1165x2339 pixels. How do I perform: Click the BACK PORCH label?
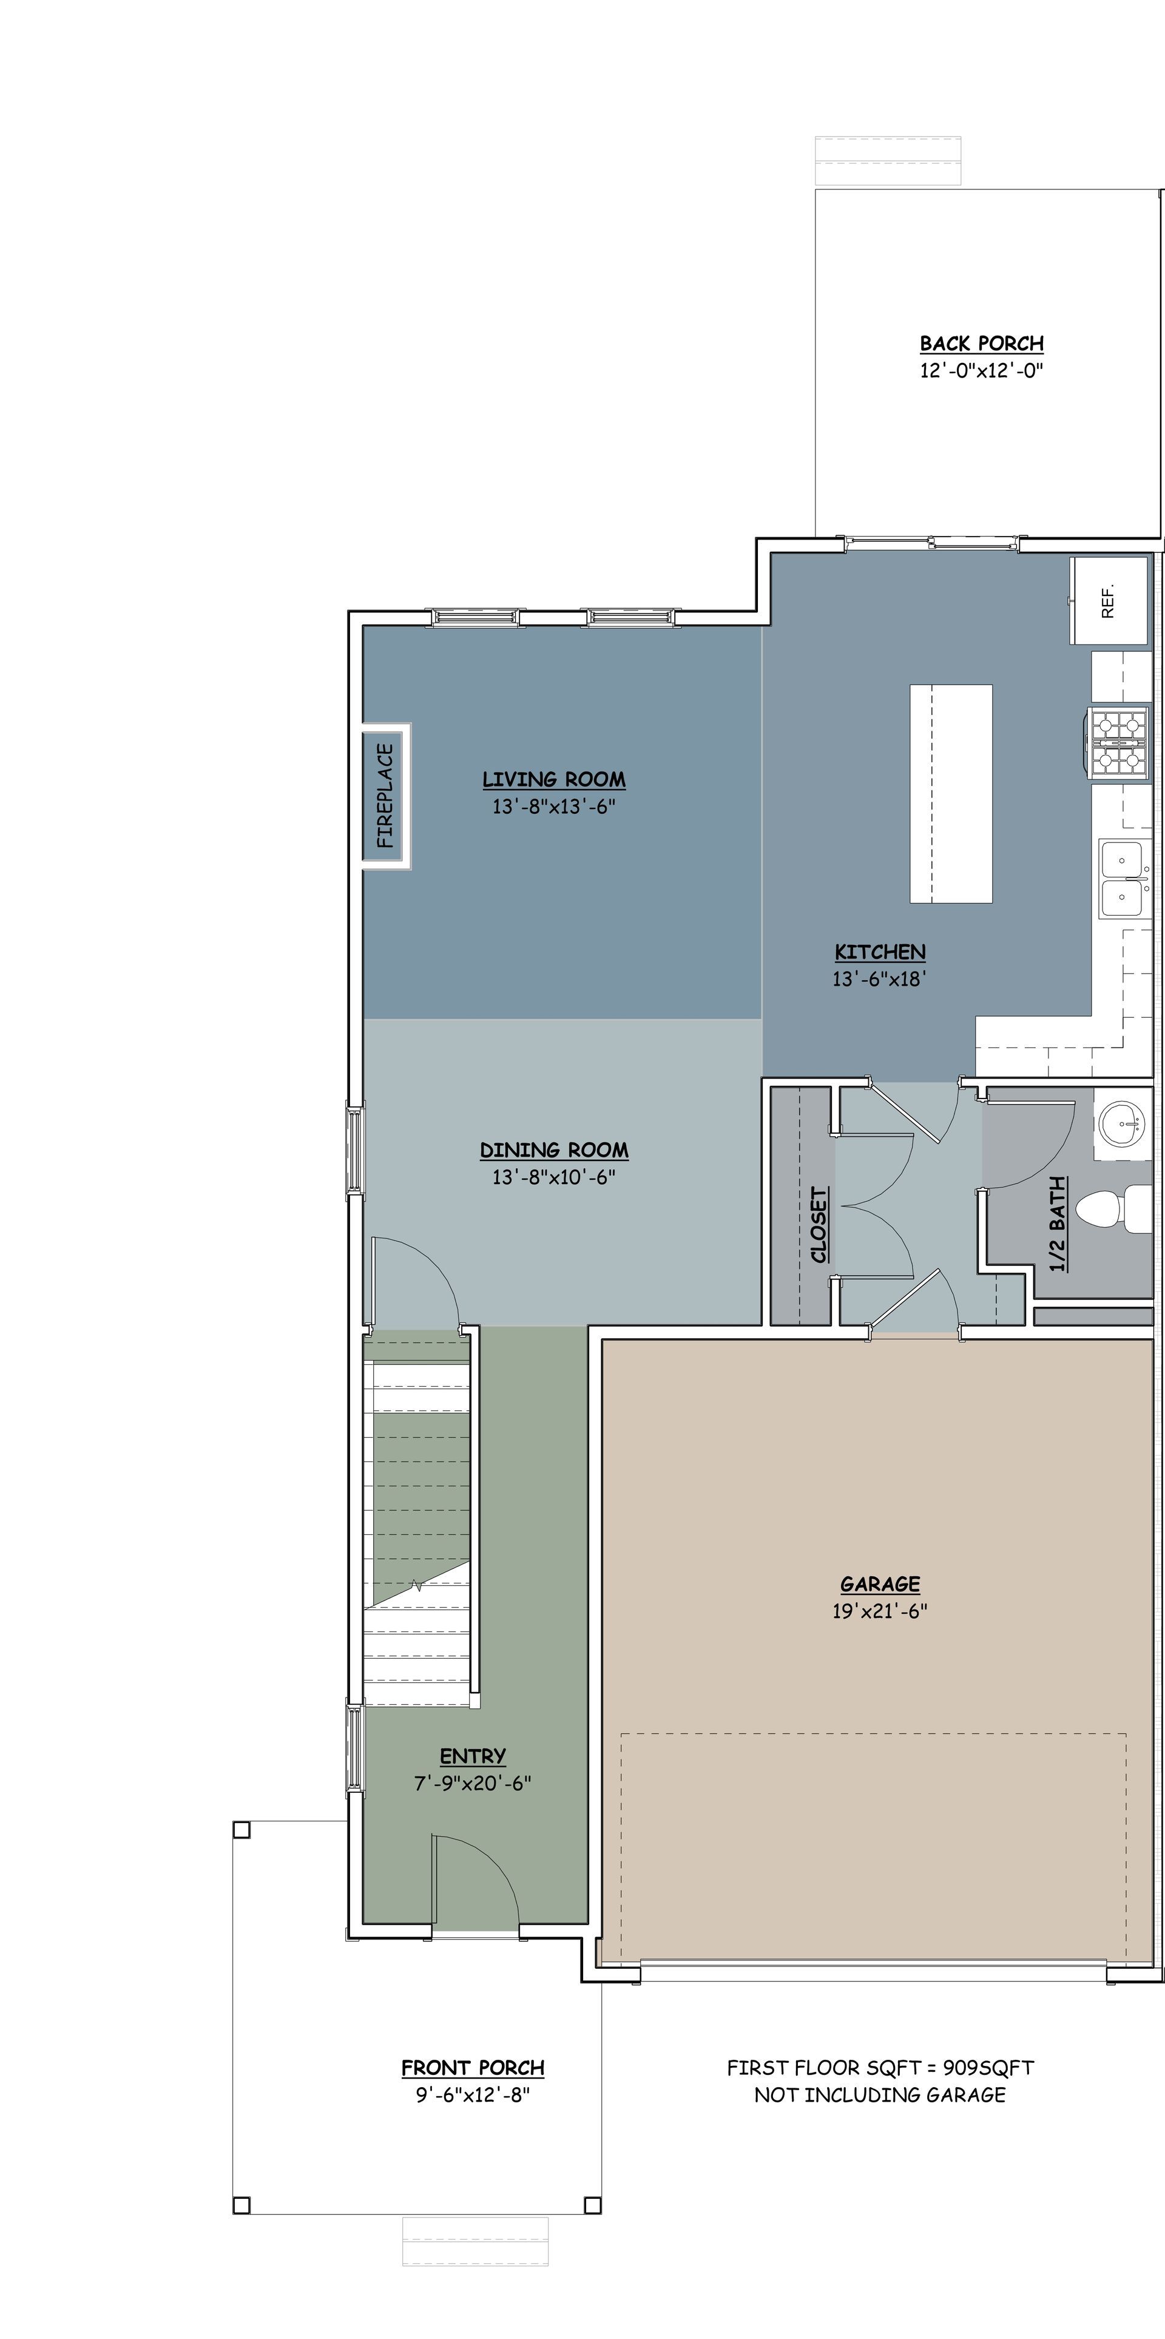pyautogui.click(x=982, y=344)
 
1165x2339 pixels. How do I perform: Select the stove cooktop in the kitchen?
pyautogui.click(x=1119, y=742)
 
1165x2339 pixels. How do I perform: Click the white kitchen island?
pyautogui.click(x=951, y=794)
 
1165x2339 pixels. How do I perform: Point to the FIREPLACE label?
pyautogui.click(x=386, y=796)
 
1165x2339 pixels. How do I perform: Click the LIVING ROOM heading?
pyautogui.click(x=554, y=779)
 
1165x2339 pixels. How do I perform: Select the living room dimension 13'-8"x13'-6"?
pyautogui.click(x=554, y=807)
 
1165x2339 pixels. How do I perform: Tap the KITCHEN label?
pyautogui.click(x=880, y=952)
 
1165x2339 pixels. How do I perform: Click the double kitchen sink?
pyautogui.click(x=1124, y=879)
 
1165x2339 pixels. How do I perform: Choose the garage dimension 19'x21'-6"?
pyautogui.click(x=880, y=1611)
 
